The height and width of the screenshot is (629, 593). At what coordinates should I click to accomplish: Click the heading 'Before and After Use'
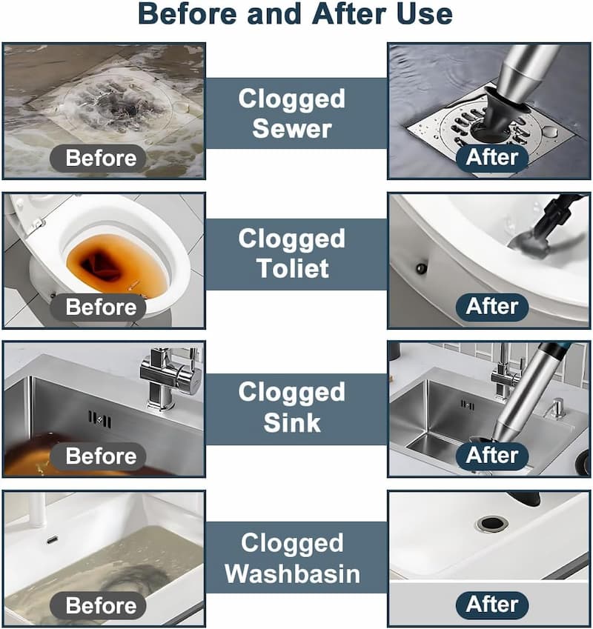coord(295,14)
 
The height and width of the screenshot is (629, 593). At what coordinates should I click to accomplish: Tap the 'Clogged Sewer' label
coord(292,113)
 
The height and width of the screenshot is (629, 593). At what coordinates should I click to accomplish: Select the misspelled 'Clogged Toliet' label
coord(292,253)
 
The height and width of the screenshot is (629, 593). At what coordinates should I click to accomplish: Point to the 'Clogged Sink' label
coord(292,407)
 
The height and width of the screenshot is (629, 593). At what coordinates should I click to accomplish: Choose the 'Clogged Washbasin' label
coord(293,558)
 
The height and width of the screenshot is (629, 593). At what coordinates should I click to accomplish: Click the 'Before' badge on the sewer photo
coord(98,158)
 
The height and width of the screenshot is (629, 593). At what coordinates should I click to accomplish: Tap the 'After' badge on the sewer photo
coord(492,157)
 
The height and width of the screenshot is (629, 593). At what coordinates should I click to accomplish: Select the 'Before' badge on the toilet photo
coord(98,307)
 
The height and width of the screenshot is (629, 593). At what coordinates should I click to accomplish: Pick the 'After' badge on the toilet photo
coord(492,307)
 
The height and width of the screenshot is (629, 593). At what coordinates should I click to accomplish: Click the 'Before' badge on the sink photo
coord(98,456)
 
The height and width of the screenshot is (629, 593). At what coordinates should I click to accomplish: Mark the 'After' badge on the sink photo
coord(492,456)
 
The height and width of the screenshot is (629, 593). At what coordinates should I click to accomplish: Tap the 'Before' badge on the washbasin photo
coord(98,605)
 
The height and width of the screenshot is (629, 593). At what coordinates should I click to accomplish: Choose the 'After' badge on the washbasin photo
coord(492,605)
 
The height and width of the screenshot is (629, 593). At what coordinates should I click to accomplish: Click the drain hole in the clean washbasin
coord(492,524)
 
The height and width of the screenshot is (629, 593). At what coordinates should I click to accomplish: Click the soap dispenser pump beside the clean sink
coord(557,408)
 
